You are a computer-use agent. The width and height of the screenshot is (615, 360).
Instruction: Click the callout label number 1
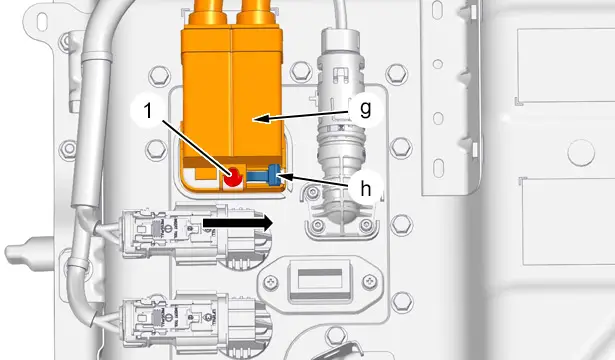tap(148, 111)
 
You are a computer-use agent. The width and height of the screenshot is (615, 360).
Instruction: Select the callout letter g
tap(366, 108)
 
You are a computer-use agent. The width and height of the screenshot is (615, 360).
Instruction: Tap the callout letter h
tap(366, 189)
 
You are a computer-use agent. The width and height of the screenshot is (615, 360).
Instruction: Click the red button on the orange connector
tap(233, 177)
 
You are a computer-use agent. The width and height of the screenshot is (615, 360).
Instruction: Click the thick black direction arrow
tap(238, 223)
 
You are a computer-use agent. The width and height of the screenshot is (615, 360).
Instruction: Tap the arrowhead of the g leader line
tap(262, 118)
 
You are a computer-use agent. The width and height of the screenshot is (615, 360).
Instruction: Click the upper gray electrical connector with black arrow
tap(188, 234)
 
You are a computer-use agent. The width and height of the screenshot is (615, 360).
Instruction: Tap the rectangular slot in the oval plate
tap(320, 279)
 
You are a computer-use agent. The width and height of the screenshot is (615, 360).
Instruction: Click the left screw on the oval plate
tap(271, 283)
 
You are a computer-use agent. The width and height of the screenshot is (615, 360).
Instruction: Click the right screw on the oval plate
tap(369, 281)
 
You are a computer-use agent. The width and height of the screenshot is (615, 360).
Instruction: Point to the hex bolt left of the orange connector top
tap(160, 75)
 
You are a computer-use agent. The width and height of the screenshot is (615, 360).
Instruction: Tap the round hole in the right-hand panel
tap(581, 153)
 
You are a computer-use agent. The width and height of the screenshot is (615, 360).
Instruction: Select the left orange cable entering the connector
tap(208, 12)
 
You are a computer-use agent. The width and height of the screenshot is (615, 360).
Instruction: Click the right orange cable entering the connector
tap(257, 12)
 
